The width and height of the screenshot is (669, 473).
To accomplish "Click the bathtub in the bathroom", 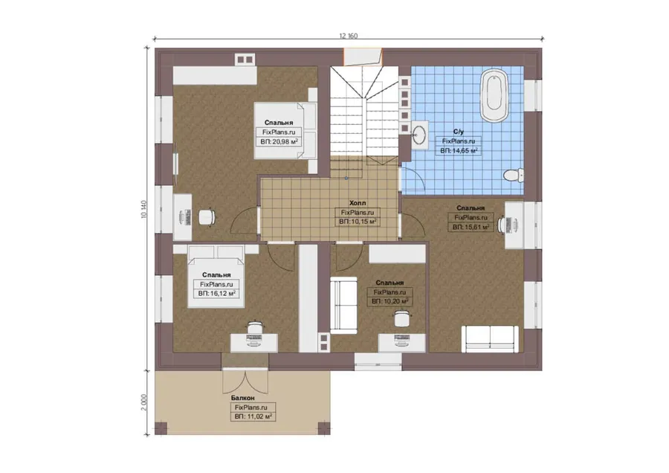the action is point(494,96).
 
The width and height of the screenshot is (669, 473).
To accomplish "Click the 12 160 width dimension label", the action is point(349,36).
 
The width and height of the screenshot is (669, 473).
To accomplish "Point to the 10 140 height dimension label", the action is point(143,209).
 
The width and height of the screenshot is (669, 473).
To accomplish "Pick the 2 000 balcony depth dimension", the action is point(143,402).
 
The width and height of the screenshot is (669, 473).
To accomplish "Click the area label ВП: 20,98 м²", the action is point(279,142).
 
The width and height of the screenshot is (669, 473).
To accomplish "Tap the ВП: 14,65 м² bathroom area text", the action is point(459,151).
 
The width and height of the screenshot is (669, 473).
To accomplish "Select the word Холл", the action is point(358,203).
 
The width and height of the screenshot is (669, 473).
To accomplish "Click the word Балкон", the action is point(243,398).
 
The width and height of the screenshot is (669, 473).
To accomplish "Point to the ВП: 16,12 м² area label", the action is point(217,294).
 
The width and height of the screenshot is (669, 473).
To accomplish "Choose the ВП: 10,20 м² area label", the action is point(390,301).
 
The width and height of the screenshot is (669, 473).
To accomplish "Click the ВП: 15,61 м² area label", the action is point(471,227).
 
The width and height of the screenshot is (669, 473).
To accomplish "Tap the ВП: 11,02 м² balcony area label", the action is point(253,416).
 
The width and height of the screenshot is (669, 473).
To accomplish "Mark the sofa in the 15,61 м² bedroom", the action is point(491,339).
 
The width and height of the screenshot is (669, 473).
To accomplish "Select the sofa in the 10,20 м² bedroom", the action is point(344,305).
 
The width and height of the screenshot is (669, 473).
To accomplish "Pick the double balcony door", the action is point(245,381).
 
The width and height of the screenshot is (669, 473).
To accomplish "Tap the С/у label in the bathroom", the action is point(459,132).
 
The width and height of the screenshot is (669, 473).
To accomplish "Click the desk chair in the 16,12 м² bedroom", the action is point(255,326).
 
